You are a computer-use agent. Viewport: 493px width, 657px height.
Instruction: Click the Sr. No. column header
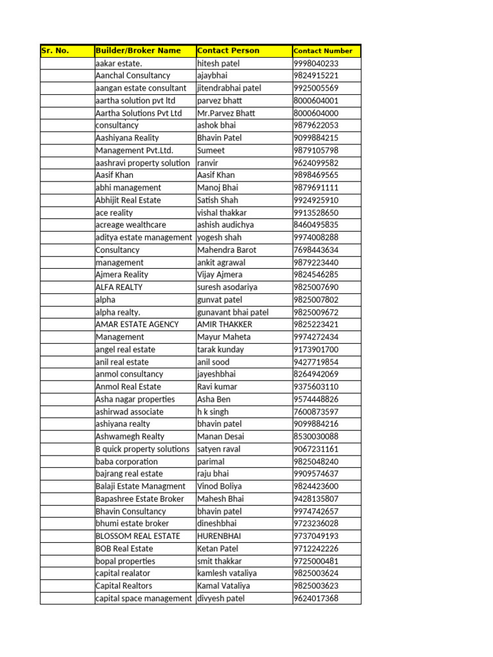[x=55, y=51]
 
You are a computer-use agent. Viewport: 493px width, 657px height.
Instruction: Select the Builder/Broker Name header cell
[x=138, y=51]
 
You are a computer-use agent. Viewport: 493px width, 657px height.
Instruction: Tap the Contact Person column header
[x=229, y=51]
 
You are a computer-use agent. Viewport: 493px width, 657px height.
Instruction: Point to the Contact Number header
[x=323, y=51]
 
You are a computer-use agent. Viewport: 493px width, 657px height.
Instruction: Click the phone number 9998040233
[x=316, y=64]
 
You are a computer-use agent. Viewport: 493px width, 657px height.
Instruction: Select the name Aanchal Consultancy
[x=133, y=76]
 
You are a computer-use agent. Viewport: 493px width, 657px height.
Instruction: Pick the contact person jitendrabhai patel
[x=229, y=88]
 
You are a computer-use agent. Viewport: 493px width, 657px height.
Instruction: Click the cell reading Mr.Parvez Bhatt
[x=226, y=113]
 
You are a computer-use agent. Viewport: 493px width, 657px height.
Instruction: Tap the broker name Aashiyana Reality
[x=127, y=138]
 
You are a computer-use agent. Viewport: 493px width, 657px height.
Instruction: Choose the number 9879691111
[x=316, y=187]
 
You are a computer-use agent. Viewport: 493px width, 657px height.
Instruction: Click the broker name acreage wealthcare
[x=130, y=225]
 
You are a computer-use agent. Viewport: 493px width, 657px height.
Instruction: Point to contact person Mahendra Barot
[x=227, y=250]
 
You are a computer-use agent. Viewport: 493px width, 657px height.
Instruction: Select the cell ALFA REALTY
[x=119, y=287]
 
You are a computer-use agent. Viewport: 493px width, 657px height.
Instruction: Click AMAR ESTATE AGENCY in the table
[x=137, y=325]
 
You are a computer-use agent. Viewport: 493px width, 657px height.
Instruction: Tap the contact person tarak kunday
[x=221, y=350]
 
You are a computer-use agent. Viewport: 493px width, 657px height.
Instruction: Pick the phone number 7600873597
[x=316, y=412]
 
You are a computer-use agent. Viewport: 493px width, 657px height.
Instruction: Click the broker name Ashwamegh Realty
[x=130, y=436]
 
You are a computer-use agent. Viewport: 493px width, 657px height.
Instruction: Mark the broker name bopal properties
[x=125, y=561]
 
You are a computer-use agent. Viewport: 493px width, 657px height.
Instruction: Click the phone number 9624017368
[x=316, y=599]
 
